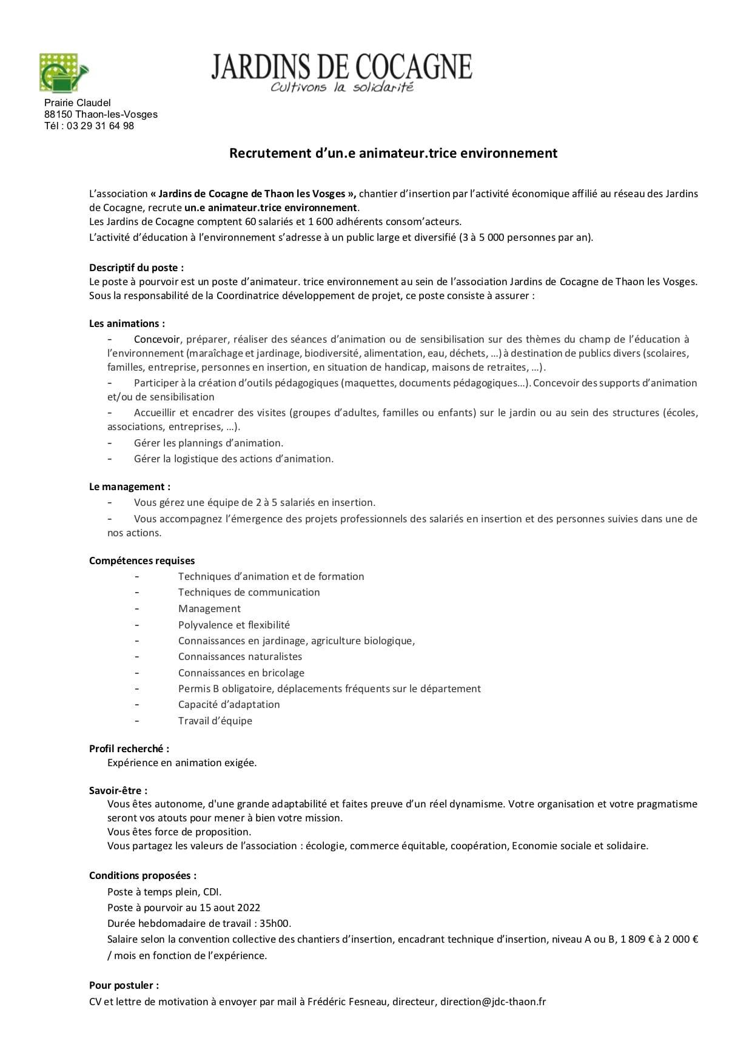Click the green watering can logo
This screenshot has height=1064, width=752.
63,73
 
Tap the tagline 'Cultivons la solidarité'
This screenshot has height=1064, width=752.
341,87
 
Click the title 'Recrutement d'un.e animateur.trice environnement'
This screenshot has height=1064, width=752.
393,153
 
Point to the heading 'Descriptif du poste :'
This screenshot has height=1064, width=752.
136,268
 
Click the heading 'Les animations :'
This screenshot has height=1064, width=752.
127,324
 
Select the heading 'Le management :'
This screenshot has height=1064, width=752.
129,487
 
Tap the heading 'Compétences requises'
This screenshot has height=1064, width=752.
142,561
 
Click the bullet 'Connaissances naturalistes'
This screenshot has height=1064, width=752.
240,656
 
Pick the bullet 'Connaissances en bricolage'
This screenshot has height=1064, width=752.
241,673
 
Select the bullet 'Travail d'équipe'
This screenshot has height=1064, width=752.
215,721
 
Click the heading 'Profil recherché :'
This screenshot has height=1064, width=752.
129,749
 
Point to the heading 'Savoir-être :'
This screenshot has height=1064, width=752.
118,790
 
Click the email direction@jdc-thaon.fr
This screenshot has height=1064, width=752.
493,1002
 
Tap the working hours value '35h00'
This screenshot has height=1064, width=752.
276,923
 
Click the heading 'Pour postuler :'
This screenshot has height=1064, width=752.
124,985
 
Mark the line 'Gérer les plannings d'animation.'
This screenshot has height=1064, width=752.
208,443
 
